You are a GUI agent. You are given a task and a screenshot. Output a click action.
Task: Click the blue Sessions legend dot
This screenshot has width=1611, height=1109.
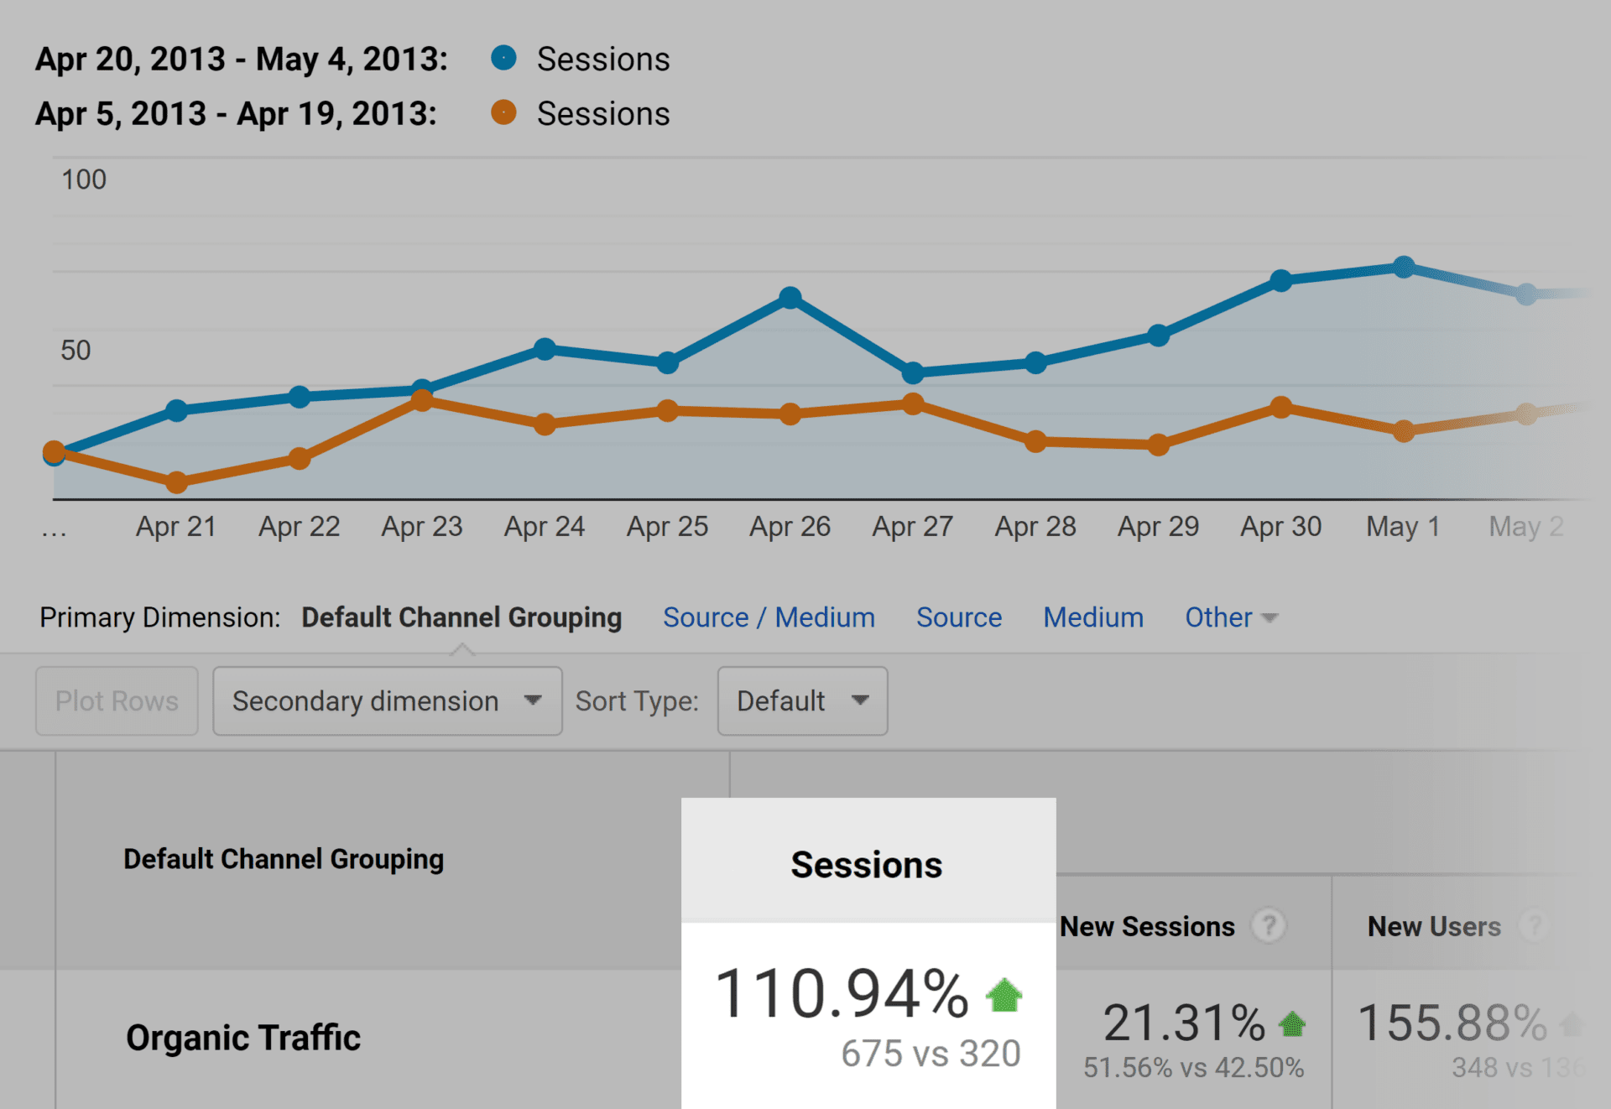[x=503, y=58]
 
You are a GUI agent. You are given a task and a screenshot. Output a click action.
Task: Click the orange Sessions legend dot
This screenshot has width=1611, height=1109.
[x=503, y=112]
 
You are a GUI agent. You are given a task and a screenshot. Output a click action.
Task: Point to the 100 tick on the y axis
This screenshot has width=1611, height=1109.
[x=83, y=180]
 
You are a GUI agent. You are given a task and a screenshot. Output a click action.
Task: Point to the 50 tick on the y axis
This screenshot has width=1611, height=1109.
[x=76, y=350]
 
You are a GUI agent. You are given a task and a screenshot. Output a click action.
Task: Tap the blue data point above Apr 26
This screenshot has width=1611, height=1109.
[x=790, y=298]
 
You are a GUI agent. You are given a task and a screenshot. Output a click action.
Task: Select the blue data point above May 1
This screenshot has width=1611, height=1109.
[x=1404, y=267]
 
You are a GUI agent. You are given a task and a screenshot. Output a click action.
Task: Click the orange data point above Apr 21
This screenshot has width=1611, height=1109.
[x=176, y=482]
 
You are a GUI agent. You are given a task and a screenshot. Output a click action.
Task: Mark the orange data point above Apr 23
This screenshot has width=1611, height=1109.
[x=422, y=401]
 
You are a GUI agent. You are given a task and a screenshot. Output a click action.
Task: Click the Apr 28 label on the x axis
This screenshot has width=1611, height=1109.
[x=1035, y=527]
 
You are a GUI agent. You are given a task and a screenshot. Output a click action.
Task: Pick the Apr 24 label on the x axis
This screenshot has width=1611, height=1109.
[x=545, y=527]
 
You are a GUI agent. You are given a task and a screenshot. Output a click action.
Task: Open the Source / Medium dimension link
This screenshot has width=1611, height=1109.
[x=769, y=617]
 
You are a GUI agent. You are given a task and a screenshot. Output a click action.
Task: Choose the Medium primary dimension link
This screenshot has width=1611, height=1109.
[x=1093, y=617]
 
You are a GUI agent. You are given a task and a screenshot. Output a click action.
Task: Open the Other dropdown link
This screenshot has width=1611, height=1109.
[x=1230, y=617]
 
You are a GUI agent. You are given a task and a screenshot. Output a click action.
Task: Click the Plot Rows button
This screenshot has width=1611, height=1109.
[x=117, y=701]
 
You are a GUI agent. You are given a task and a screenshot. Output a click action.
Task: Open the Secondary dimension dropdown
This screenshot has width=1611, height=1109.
[x=387, y=701]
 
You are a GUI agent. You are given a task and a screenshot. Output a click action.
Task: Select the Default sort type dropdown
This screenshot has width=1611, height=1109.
[x=802, y=701]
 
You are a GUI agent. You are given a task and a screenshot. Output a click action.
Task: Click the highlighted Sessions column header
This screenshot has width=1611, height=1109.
[x=867, y=864]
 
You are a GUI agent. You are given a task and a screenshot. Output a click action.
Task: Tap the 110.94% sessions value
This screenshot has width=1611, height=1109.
[x=842, y=994]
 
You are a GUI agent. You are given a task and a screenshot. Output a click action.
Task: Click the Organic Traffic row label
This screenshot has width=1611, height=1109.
[x=243, y=1038]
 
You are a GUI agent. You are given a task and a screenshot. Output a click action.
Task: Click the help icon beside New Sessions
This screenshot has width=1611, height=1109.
[x=1269, y=926]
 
